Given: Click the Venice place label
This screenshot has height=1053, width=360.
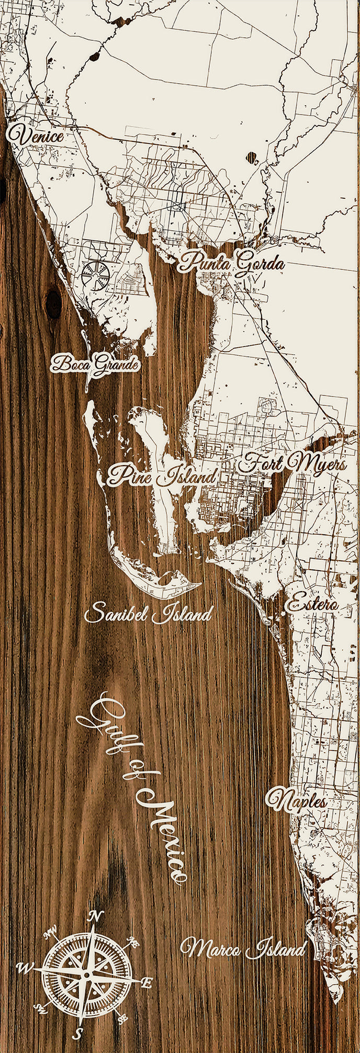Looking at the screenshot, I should pyautogui.click(x=36, y=136).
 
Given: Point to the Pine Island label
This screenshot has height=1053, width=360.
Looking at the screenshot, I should pyautogui.click(x=162, y=475).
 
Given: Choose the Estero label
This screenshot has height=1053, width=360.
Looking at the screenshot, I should pyautogui.click(x=311, y=604).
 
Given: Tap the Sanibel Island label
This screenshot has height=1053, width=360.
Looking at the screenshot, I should pyautogui.click(x=149, y=613).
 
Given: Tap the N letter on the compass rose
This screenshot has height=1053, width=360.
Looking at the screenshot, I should pyautogui.click(x=95, y=915).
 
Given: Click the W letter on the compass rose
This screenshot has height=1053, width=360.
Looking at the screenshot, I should pyautogui.click(x=24, y=968).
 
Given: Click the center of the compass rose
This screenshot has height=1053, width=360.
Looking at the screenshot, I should pyautogui.click(x=86, y=975).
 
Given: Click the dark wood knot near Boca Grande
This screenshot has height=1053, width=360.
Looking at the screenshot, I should pyautogui.click(x=54, y=303).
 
